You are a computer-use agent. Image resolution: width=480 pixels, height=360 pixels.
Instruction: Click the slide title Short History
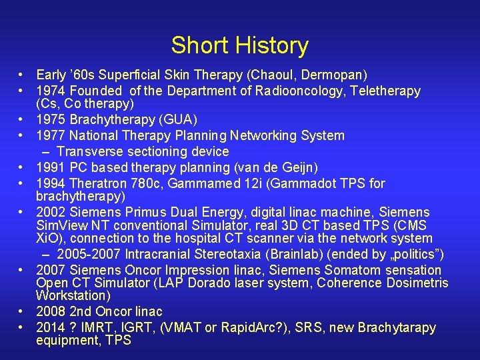pyautogui.click(x=240, y=45)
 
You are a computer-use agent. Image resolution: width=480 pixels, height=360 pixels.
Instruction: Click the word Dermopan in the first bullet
pyautogui.click(x=335, y=74)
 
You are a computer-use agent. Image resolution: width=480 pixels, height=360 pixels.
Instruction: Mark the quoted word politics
pyautogui.click(x=419, y=254)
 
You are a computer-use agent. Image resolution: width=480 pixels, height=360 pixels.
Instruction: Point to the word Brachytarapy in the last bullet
pyautogui.click(x=397, y=327)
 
